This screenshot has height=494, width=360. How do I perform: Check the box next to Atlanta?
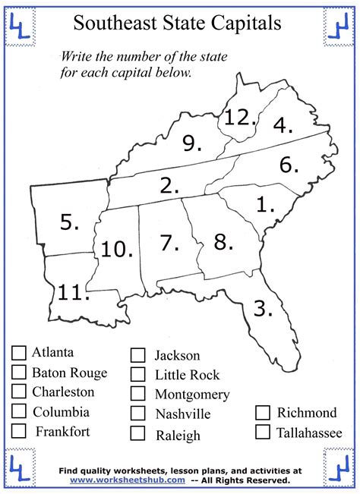19,352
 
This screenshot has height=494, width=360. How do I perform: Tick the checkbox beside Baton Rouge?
19,372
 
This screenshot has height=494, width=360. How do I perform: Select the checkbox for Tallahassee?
263,433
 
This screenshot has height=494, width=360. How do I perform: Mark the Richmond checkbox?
263,413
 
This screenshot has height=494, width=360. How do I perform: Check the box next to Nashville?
137,414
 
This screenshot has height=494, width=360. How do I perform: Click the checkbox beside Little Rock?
137,374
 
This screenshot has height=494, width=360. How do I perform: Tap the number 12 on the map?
237,117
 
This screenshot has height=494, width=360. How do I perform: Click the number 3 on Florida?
262,308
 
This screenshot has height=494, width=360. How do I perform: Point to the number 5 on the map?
69,222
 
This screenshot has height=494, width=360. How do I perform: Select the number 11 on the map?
73,292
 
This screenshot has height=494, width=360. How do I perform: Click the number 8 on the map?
223,242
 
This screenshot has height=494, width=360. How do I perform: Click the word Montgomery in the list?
191,395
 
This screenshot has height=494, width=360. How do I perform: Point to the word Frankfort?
63,432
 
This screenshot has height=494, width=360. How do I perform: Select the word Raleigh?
178,435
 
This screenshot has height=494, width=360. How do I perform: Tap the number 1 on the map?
264,205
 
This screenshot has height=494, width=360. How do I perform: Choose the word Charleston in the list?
63,392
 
